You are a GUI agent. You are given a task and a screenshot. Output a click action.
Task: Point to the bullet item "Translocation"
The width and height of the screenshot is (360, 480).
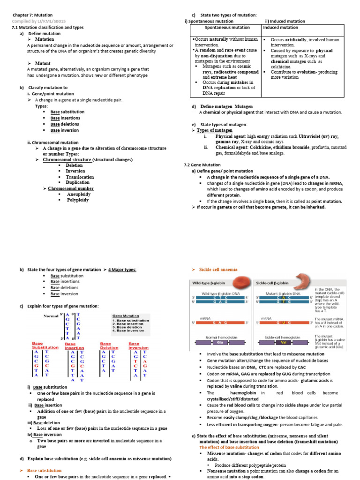tap(80, 177)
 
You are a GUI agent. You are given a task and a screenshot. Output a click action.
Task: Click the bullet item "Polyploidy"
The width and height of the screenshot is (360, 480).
tap(77, 200)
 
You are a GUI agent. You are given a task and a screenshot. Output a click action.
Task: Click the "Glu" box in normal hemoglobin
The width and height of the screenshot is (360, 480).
tap(218, 342)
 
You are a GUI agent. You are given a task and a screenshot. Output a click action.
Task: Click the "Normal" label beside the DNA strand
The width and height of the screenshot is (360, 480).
tap(51, 316)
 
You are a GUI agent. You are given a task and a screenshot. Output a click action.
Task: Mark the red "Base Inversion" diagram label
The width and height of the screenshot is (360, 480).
tap(138, 345)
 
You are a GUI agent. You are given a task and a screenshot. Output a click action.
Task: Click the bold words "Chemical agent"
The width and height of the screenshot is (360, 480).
tap(232, 147)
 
